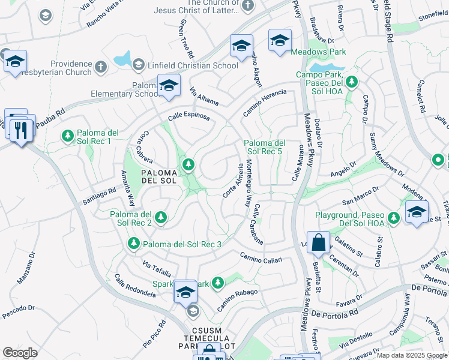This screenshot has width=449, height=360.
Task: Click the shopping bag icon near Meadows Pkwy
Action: coord(319,243)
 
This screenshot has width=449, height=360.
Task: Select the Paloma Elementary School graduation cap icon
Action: coord(169,86)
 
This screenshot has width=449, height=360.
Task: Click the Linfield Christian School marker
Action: coord(139,64)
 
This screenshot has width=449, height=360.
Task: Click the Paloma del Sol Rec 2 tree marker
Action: coord(160,218)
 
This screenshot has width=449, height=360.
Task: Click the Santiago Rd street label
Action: coord(99,195)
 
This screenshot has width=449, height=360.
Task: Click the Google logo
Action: coord(20,353)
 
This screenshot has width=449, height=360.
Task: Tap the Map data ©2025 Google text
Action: coord(411,355)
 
